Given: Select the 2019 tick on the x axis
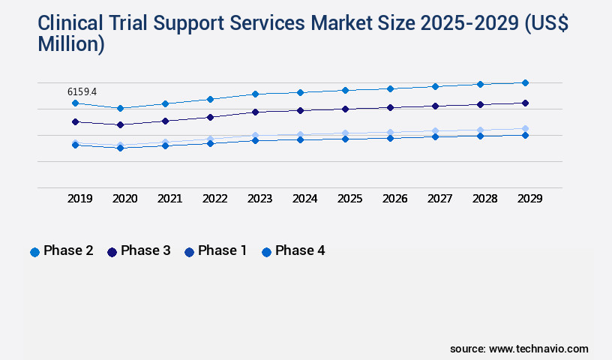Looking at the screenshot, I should tap(80, 199).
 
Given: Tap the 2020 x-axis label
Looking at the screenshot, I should tap(125, 199).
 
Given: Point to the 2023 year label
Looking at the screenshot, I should tap(260, 199).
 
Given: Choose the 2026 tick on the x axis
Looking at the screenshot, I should tap(395, 199).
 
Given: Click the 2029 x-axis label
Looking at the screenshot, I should tap(530, 199).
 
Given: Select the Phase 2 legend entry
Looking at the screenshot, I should tap(61, 251).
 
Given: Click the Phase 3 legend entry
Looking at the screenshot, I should tap(139, 251).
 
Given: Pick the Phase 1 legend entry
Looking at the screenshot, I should tap(216, 251).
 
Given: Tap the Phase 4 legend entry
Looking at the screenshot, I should tap(293, 251).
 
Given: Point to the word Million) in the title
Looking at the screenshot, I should tap(71, 44).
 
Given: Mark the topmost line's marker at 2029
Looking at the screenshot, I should tap(525, 82).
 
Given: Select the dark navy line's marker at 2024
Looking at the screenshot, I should tap(300, 110).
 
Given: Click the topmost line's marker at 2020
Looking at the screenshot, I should tap(120, 108).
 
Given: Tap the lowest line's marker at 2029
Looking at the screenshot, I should tap(525, 135).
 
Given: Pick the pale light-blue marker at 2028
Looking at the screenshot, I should tap(480, 130).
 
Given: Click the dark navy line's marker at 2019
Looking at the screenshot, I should tap(75, 121).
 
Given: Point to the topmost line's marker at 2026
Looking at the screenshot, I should tap(390, 88).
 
